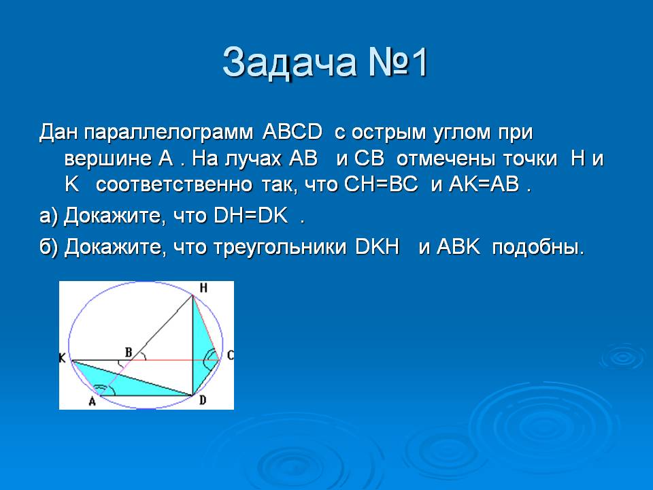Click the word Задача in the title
(290, 63)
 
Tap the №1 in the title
(398, 63)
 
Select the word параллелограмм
(168, 133)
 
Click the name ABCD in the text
(292, 131)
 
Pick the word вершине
(107, 159)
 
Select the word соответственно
(174, 185)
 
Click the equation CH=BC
(381, 184)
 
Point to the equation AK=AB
(484, 184)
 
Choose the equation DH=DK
(251, 216)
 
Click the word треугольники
(280, 248)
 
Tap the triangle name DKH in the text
(378, 246)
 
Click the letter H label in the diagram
(203, 287)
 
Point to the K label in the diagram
(62, 357)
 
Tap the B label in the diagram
(129, 353)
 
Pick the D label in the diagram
(203, 400)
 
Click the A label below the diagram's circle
(92, 402)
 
